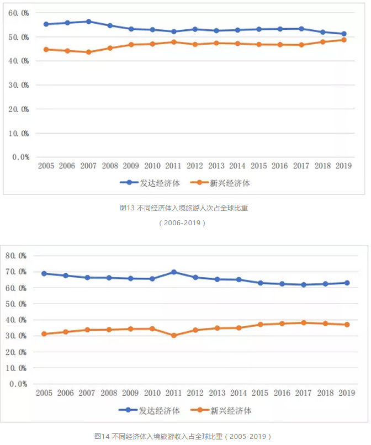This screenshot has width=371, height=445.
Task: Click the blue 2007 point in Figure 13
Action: point(88,22)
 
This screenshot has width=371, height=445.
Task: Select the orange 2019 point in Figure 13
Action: point(344,40)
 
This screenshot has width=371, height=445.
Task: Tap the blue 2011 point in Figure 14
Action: point(174,272)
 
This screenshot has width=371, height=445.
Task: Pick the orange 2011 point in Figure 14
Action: point(174,335)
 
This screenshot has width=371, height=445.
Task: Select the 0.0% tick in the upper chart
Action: point(21,157)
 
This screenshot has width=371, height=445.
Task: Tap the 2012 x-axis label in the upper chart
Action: point(195,166)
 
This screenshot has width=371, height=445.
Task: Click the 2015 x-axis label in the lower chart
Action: point(261,393)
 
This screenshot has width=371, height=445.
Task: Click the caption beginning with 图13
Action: point(184,208)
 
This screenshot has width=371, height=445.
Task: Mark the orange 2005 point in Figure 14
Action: point(44,334)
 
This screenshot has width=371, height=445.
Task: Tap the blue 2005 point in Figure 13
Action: point(46,24)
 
